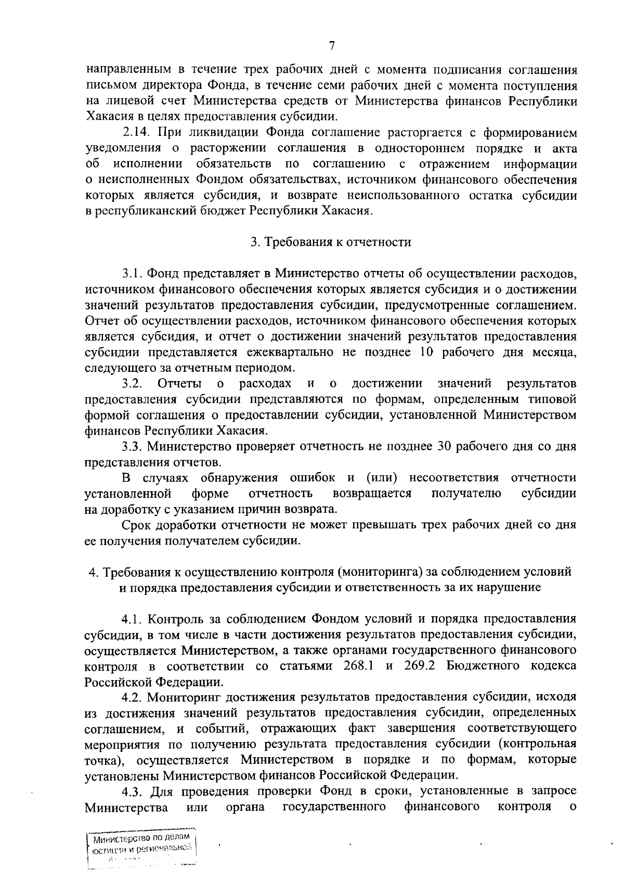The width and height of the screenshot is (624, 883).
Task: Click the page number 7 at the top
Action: point(331,46)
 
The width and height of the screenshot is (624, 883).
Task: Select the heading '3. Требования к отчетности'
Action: point(331,242)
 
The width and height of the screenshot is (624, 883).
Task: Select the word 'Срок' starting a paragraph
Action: point(137,524)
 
